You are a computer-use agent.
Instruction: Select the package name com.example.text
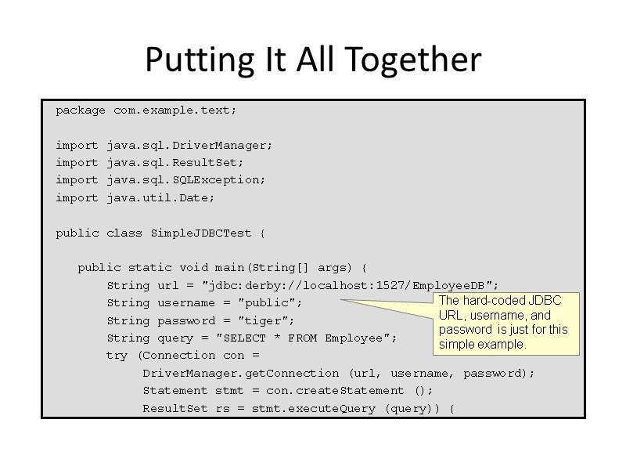[x=174, y=110]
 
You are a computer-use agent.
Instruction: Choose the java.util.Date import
[x=160, y=198]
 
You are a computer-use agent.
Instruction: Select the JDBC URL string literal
[x=350, y=285]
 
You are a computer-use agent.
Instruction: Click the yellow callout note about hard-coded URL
[x=505, y=323]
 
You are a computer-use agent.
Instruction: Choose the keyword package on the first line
[x=80, y=110]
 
